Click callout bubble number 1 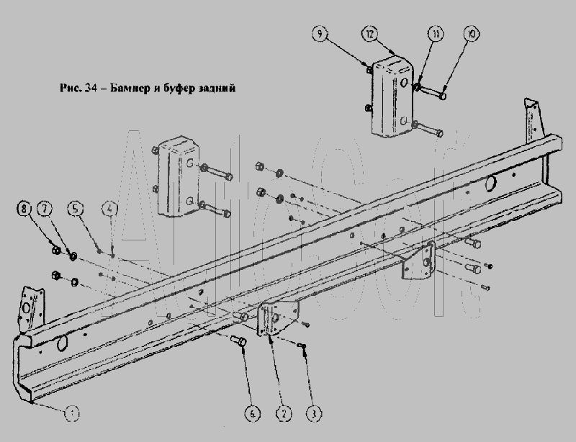[x=71, y=413]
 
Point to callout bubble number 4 [x=109, y=209]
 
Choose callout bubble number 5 [x=76, y=209]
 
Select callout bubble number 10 [x=471, y=34]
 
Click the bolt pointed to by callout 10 [x=435, y=93]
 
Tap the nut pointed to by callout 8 [x=55, y=251]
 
